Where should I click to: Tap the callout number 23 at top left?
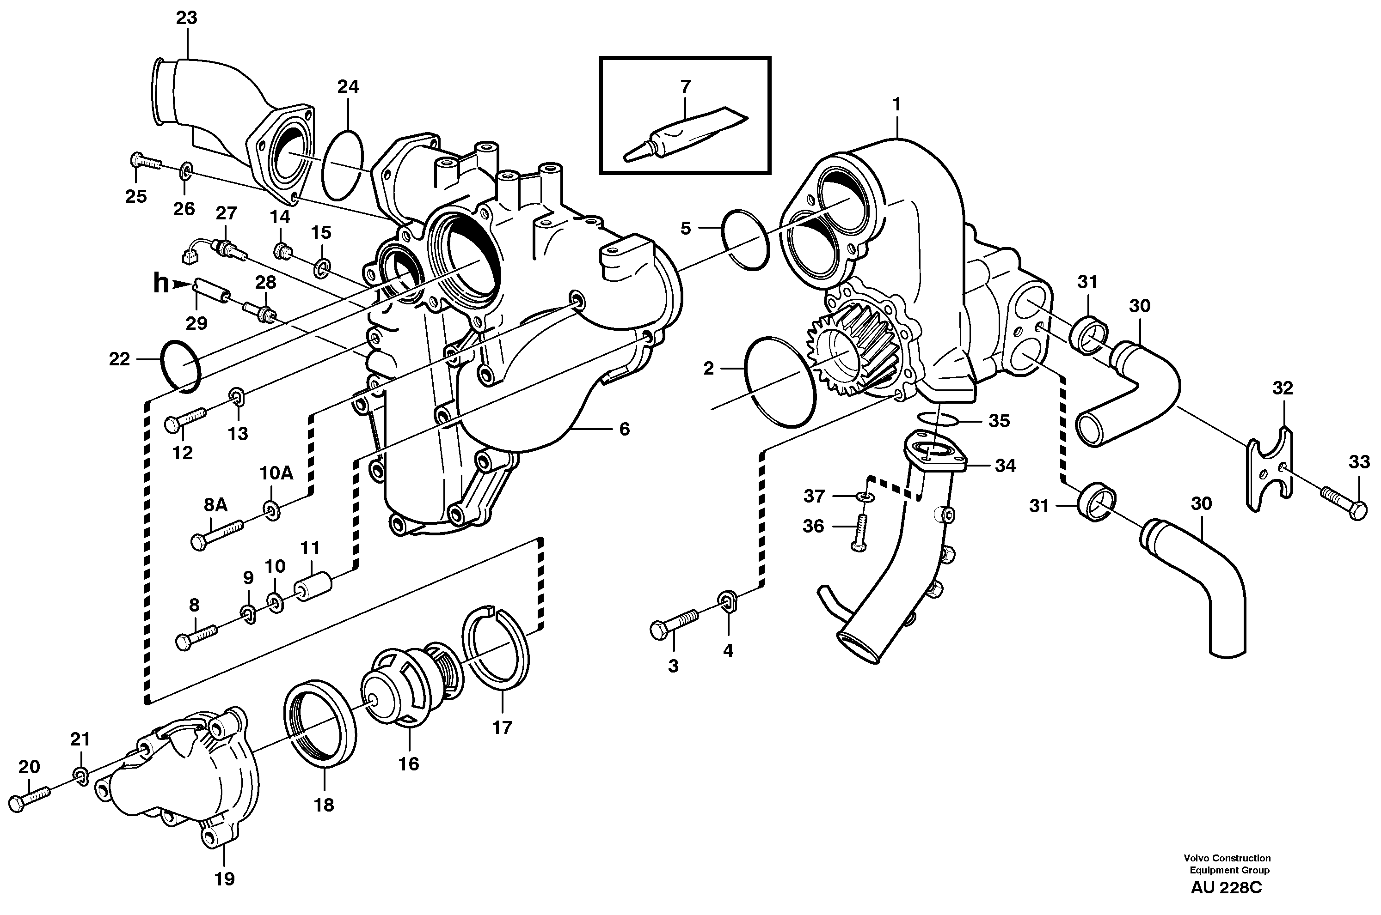(x=187, y=18)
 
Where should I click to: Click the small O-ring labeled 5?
(x=746, y=239)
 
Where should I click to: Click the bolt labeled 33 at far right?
(x=1344, y=508)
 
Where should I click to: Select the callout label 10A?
(x=276, y=473)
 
